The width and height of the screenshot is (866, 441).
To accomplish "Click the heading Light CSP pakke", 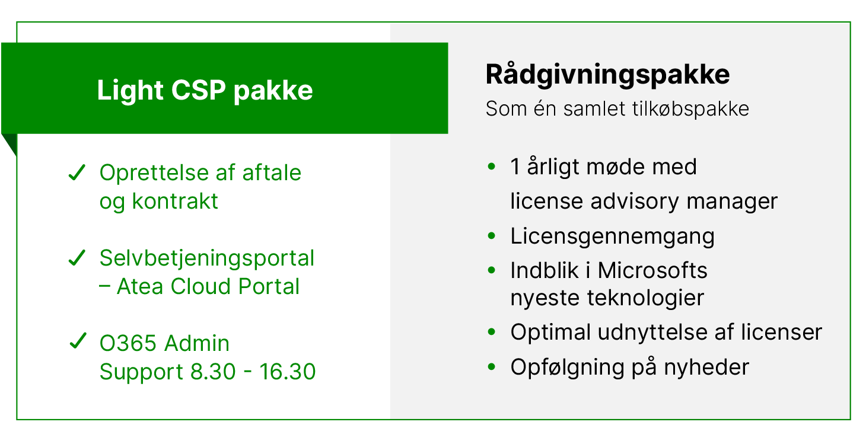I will [x=205, y=91].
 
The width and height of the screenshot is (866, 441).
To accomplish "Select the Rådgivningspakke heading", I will [x=607, y=75].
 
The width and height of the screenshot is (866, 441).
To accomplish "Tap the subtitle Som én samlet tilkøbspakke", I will [x=617, y=109].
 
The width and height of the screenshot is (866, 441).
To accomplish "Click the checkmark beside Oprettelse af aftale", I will [x=77, y=174].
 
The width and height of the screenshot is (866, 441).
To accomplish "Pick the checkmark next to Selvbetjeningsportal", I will [x=77, y=258].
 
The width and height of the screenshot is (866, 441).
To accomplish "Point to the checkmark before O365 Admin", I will [x=77, y=343].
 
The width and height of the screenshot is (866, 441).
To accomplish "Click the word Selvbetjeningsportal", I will [x=206, y=258].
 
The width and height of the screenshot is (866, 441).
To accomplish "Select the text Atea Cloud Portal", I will [x=208, y=287].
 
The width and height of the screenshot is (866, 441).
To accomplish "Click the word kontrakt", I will [x=175, y=202].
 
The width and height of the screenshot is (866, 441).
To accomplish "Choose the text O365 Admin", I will [x=164, y=344].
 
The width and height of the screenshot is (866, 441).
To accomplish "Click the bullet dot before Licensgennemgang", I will [x=491, y=236].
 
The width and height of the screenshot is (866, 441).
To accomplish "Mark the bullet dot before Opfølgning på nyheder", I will [x=491, y=367].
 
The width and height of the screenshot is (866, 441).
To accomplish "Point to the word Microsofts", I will [x=652, y=271].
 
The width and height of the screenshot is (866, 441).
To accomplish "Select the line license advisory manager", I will [x=644, y=202].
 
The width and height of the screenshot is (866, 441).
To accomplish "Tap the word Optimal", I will [x=550, y=333].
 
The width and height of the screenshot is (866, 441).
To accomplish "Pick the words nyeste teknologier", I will [x=607, y=298].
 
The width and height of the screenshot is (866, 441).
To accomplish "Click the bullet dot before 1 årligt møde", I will [x=491, y=167].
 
